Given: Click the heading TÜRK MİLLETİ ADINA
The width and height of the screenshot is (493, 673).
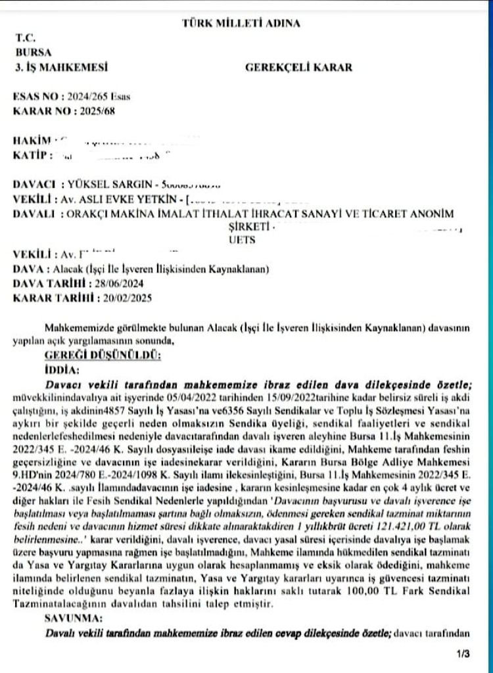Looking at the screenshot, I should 240,24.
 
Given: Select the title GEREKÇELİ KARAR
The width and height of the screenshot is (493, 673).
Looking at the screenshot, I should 298,66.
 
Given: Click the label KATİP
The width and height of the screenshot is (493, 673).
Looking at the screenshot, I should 30,155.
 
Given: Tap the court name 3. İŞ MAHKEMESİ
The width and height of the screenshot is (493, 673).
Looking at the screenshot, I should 60,66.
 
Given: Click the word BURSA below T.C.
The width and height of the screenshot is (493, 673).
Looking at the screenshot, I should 30,53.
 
